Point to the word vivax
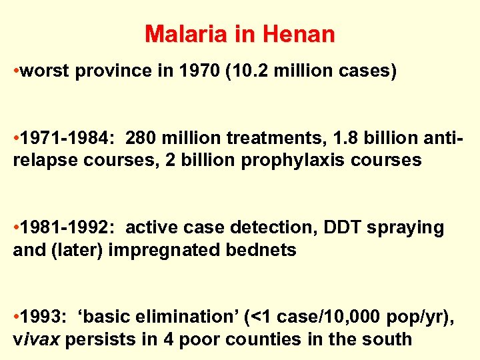(x=37, y=339)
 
